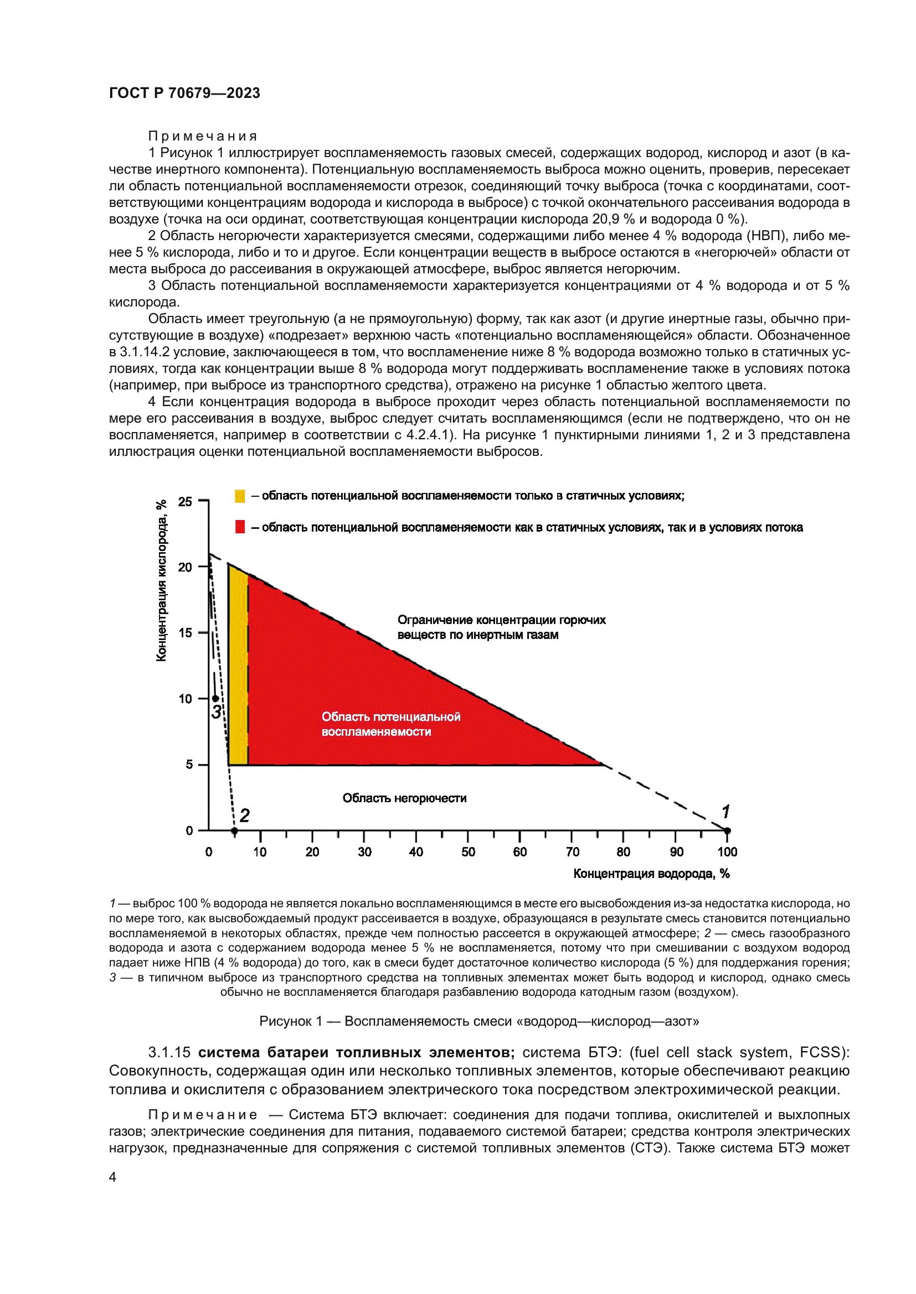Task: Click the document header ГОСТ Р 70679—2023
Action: [184, 93]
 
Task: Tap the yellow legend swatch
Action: [240, 496]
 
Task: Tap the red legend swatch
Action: [240, 527]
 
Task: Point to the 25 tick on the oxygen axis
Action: [186, 501]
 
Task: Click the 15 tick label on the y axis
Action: [186, 632]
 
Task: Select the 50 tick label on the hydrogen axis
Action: [468, 852]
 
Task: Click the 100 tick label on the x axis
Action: [727, 852]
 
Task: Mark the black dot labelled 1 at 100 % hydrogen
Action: [727, 831]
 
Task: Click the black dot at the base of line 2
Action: [235, 831]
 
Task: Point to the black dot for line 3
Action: [215, 699]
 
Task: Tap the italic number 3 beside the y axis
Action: [216, 713]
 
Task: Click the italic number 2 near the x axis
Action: [244, 815]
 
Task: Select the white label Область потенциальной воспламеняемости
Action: [390, 724]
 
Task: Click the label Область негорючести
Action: [404, 798]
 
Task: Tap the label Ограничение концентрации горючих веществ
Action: [501, 627]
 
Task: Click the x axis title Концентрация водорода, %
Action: [651, 874]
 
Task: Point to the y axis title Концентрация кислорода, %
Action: [161, 580]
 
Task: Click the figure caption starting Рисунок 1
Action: [479, 1021]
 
